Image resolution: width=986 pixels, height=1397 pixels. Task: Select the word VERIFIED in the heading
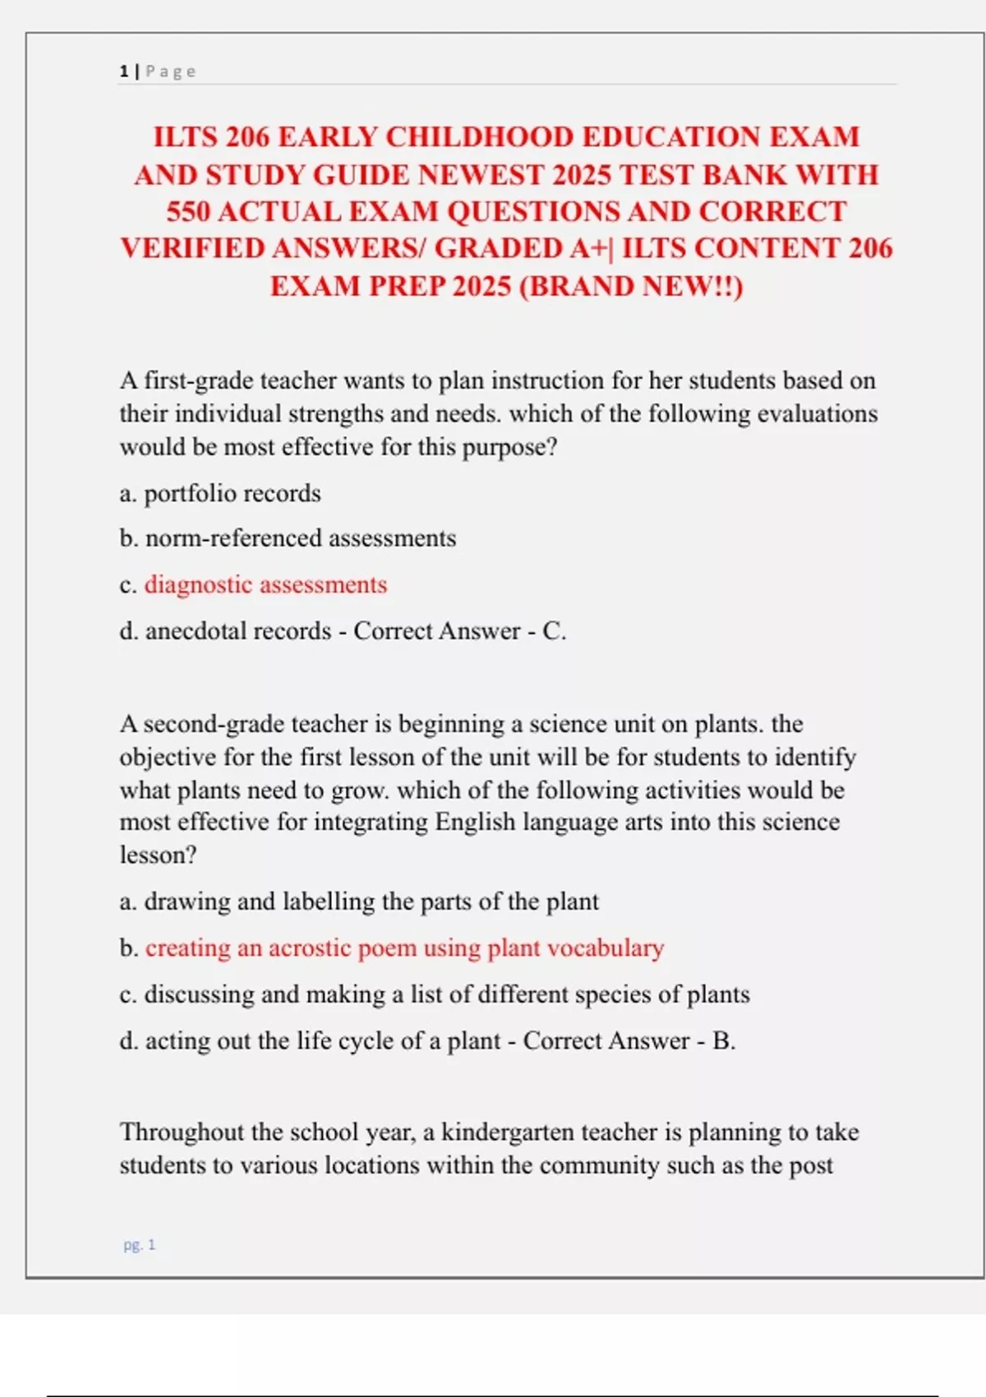click(191, 249)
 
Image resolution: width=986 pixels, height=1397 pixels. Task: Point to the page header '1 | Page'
click(158, 71)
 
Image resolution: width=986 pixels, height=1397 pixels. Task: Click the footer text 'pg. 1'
click(139, 1245)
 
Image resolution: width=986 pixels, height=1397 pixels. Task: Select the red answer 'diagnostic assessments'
click(265, 584)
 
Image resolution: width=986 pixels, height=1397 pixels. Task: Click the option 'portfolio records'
click(233, 493)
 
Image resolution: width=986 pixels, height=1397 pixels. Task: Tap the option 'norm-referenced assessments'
click(300, 538)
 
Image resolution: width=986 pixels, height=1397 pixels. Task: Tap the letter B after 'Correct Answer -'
click(721, 1041)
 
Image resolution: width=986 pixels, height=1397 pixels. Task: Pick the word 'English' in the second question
click(475, 823)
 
